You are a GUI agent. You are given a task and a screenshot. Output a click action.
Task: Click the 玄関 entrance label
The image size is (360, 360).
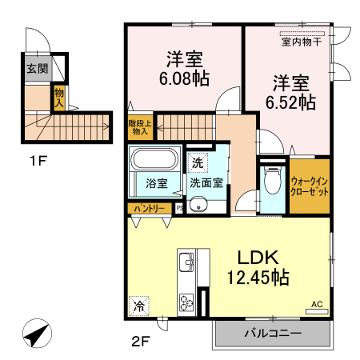[36, 70]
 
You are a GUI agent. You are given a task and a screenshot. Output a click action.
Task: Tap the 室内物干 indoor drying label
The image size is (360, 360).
[302, 42]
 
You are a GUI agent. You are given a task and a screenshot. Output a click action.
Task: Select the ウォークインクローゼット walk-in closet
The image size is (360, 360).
[310, 187]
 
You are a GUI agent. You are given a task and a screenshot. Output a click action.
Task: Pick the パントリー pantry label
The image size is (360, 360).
[149, 208]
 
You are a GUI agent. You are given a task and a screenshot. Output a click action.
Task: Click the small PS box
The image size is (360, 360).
[179, 209]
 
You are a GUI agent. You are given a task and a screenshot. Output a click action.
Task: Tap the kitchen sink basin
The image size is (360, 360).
[185, 261]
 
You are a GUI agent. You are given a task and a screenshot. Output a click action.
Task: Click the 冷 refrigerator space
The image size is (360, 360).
[139, 306]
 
